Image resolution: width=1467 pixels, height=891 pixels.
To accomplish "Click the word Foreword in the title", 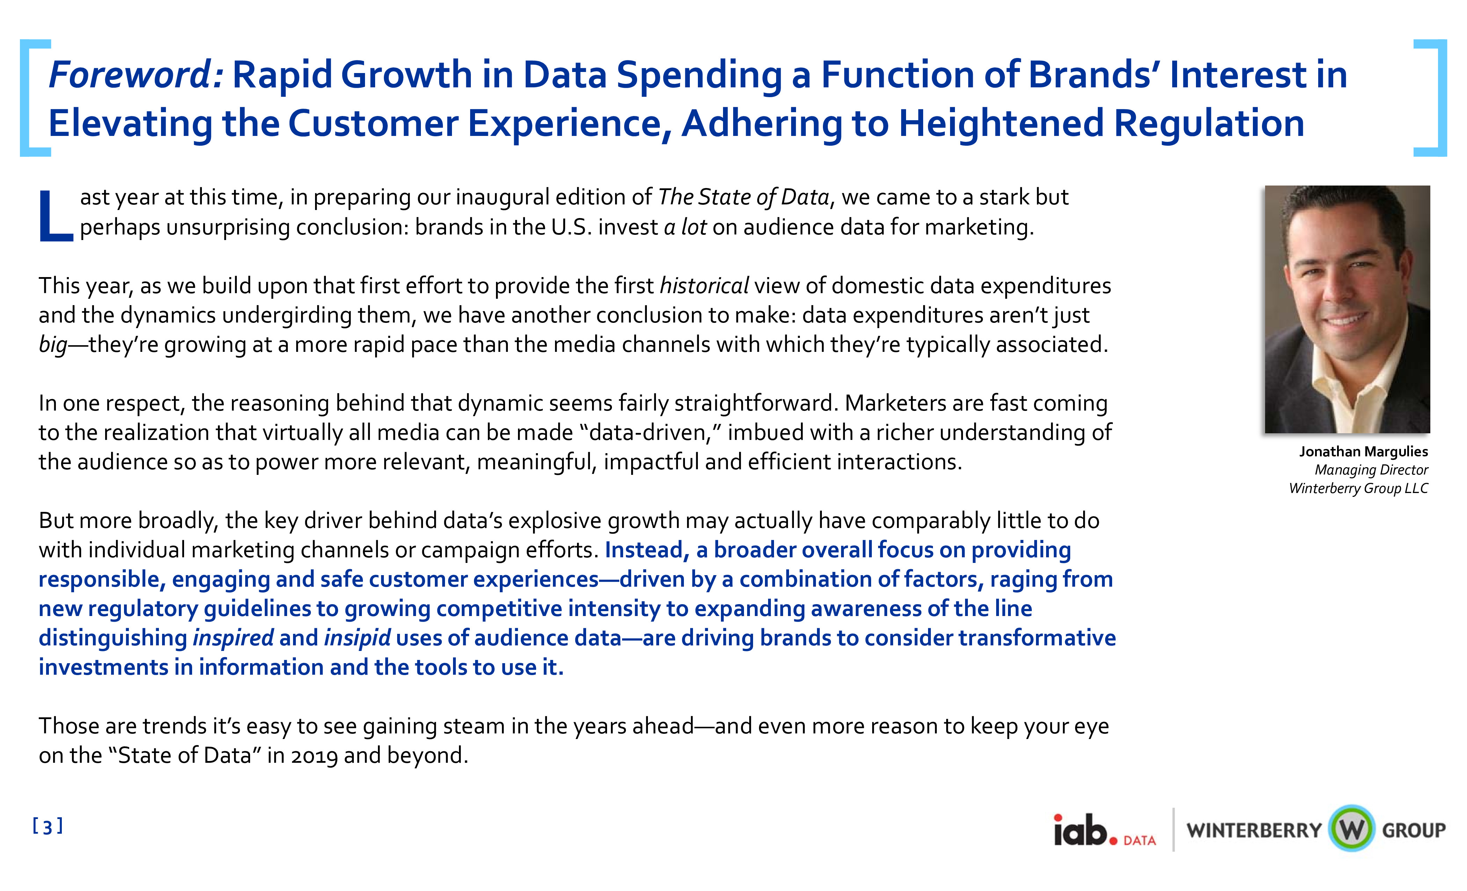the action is click(136, 75).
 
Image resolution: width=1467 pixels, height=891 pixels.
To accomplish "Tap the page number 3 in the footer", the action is click(48, 827).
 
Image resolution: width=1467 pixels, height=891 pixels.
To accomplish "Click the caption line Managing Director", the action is click(1371, 470).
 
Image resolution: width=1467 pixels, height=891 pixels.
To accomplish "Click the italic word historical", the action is click(704, 286).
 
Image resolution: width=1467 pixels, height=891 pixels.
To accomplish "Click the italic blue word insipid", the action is click(357, 638).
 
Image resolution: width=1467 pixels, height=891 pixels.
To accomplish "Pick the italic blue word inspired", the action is click(233, 638).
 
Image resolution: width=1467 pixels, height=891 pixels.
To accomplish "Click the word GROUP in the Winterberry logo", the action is click(1414, 830).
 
